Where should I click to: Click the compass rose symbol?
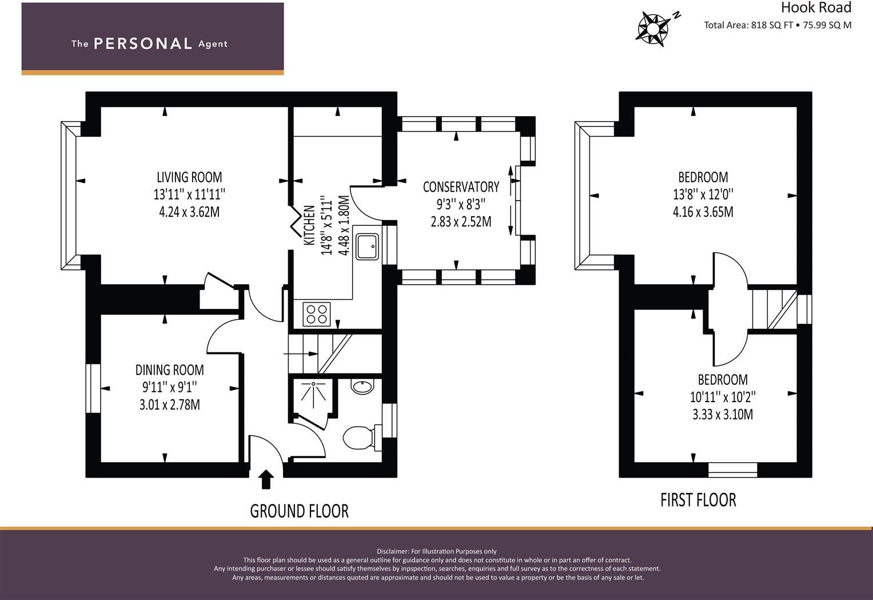click(x=652, y=29)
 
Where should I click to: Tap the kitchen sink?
click(x=367, y=247)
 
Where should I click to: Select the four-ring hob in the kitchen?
click(x=317, y=314)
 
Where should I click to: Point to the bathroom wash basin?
click(x=362, y=386)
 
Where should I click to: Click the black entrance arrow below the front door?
click(x=266, y=479)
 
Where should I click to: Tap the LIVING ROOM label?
click(x=189, y=177)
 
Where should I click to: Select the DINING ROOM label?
click(x=170, y=370)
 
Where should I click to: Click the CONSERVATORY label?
click(x=461, y=187)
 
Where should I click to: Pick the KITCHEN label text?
click(x=309, y=225)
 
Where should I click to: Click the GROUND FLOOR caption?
click(x=300, y=511)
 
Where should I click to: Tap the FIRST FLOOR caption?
click(x=699, y=500)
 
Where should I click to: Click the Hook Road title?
click(x=816, y=7)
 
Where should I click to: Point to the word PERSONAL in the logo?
click(x=143, y=43)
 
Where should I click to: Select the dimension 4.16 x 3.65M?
click(x=703, y=212)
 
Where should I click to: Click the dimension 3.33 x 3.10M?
click(x=723, y=415)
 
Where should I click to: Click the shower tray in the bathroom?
click(x=313, y=397)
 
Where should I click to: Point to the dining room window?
click(x=93, y=388)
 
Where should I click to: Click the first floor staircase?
click(x=774, y=309)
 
